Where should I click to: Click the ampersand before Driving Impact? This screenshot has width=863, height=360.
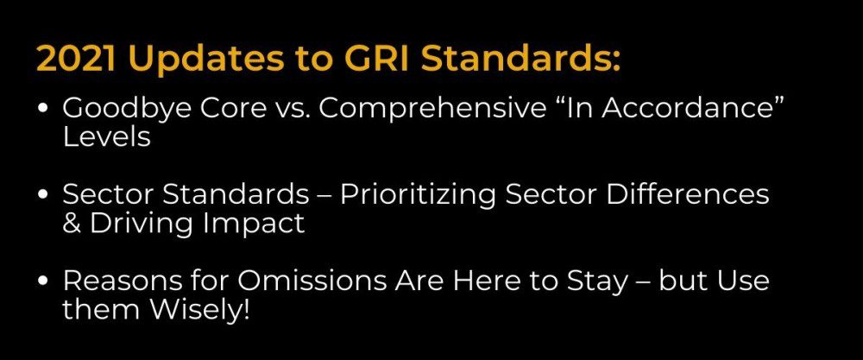[70, 224]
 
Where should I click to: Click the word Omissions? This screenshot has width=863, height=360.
[298, 281]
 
